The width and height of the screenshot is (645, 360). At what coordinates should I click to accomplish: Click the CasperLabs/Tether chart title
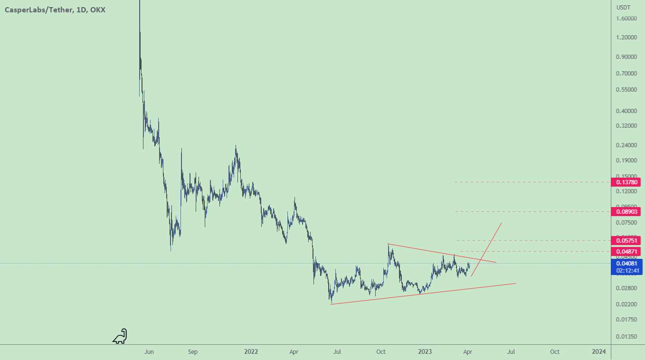[55, 10]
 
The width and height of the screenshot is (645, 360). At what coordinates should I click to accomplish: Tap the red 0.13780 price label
[628, 182]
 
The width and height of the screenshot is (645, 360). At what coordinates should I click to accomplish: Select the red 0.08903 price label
[628, 211]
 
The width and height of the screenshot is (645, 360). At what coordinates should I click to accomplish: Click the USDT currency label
[623, 8]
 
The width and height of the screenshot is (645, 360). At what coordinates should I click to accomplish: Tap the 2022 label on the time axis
[251, 352]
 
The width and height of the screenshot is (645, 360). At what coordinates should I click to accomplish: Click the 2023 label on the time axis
[425, 352]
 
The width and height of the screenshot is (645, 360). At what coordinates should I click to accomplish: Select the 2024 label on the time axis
[599, 352]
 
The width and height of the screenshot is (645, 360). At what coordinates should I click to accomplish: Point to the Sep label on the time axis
[192, 352]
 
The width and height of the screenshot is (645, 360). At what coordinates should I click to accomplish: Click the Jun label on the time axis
[149, 352]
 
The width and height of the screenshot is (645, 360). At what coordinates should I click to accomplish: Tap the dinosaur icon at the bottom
[120, 336]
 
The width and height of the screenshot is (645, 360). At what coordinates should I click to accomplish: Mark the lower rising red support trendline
[423, 294]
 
